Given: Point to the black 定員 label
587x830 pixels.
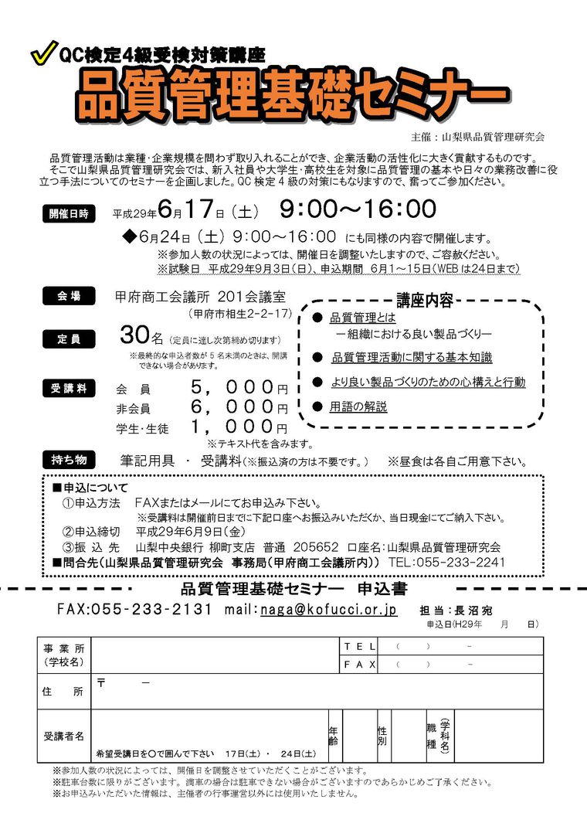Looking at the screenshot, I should [x=69, y=338].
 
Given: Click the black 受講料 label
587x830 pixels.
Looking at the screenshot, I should [x=69, y=389].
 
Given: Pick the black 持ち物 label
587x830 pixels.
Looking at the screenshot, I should [x=69, y=460].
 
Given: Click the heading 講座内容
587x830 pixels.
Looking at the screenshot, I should [x=425, y=301].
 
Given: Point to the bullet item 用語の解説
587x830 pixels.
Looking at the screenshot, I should [x=358, y=406].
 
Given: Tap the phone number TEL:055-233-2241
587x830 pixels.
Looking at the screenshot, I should [x=447, y=563].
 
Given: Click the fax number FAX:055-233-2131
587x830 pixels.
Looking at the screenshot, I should [x=134, y=609].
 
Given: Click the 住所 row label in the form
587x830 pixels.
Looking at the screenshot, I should [x=63, y=692].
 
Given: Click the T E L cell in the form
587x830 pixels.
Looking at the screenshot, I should [x=359, y=646].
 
